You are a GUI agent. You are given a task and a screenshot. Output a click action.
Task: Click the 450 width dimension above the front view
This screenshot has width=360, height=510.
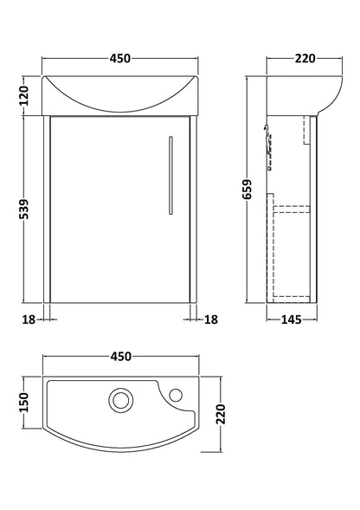click(119, 59)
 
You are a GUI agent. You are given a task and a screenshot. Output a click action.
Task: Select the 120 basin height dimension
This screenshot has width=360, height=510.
click(23, 94)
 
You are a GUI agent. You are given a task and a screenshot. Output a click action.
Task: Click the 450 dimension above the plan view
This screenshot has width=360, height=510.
click(119, 356)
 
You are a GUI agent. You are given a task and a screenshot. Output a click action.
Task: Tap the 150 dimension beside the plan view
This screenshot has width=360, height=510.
click(23, 401)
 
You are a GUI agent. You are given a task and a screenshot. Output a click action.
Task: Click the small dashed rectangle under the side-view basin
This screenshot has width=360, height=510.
click(308, 130)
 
